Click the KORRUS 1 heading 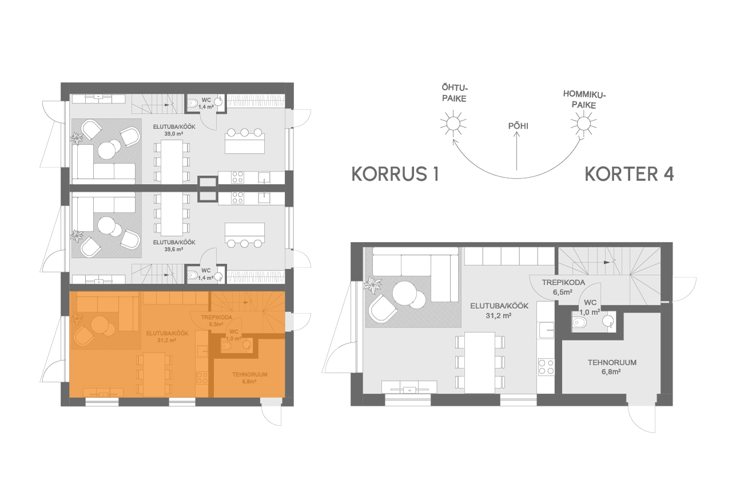pyautogui.click(x=395, y=174)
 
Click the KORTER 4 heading pyautogui.click(x=628, y=174)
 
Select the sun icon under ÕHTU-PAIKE pyautogui.click(x=452, y=122)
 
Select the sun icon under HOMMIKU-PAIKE pyautogui.click(x=583, y=122)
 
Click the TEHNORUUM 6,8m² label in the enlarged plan pyautogui.click(x=612, y=366)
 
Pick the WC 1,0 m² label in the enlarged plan pyautogui.click(x=590, y=308)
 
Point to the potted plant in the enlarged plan pyautogui.click(x=375, y=284)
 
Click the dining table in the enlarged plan pyautogui.click(x=480, y=362)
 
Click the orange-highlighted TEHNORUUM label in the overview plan pyautogui.click(x=249, y=378)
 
